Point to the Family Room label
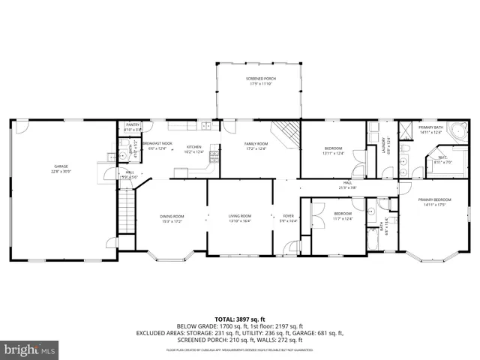pyautogui.click(x=256, y=145)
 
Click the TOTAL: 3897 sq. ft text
pyautogui.click(x=239, y=319)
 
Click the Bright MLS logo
pyautogui.click(x=30, y=349)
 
